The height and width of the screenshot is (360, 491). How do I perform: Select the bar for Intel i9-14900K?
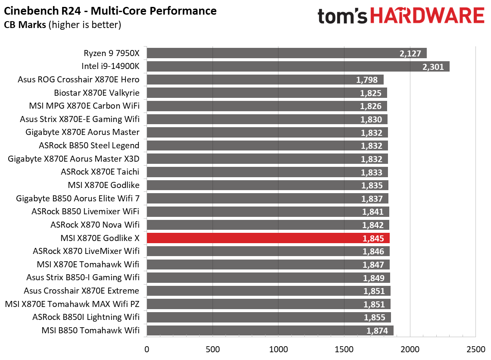(297, 66)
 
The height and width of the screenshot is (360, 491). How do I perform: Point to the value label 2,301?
(433, 66)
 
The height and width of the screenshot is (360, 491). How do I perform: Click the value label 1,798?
(367, 80)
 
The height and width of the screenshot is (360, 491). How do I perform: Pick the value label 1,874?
(377, 331)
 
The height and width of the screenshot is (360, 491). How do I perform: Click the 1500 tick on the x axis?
(344, 348)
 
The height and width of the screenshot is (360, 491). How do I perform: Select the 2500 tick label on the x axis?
(475, 348)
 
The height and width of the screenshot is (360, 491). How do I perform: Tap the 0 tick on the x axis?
(147, 348)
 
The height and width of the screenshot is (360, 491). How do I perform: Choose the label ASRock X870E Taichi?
(100, 172)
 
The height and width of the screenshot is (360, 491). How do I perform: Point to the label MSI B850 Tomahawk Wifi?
(91, 331)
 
